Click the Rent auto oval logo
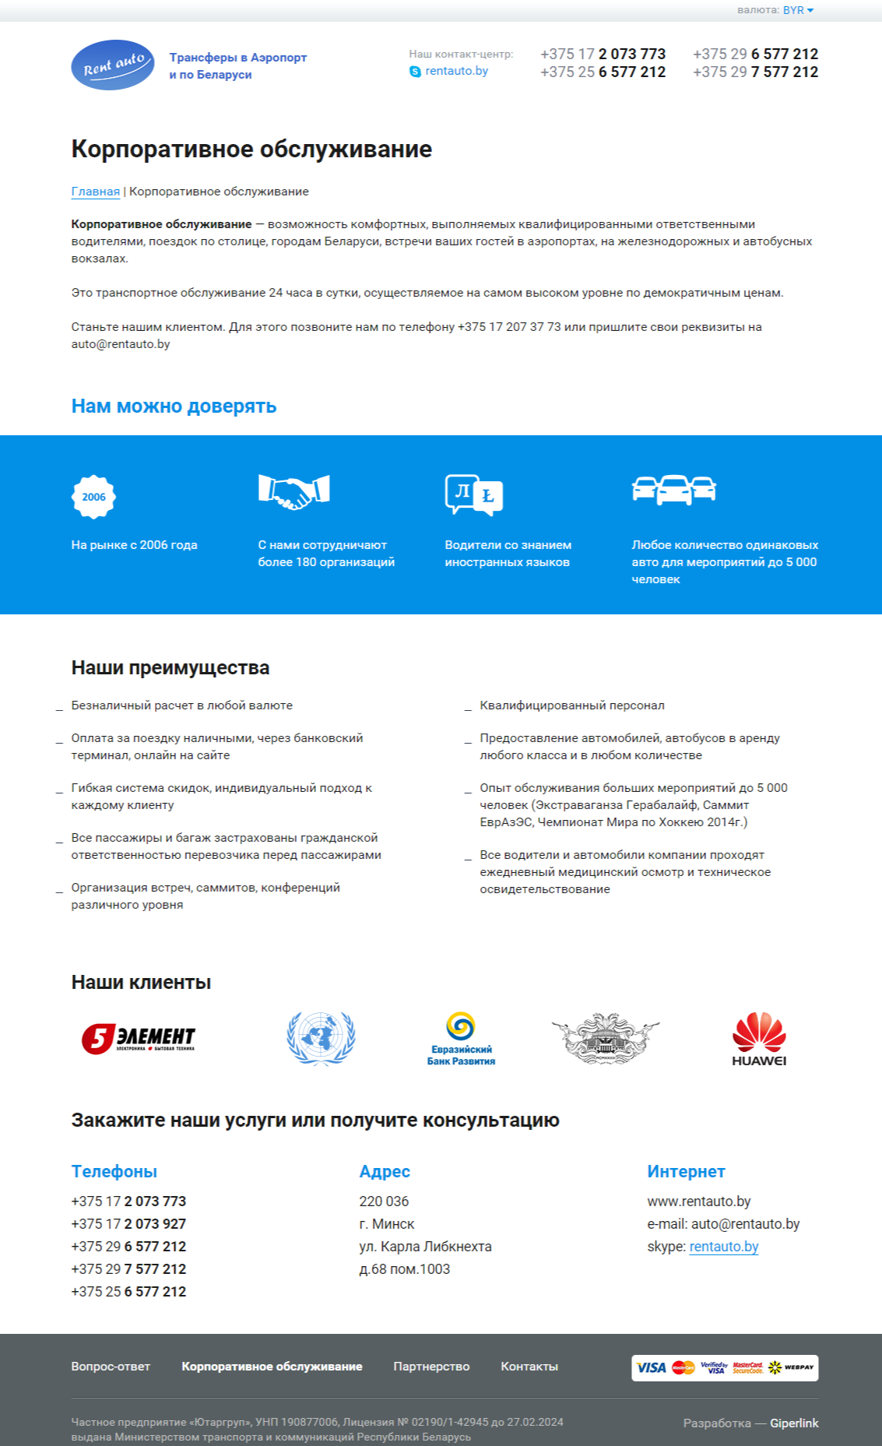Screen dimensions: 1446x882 tap(113, 65)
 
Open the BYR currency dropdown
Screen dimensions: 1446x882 tap(798, 10)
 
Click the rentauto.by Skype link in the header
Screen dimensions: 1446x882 tap(456, 71)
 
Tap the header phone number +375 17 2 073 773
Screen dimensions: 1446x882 tap(603, 54)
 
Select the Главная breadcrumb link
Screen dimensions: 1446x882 tap(96, 192)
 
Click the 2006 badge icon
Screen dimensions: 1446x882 tap(93, 497)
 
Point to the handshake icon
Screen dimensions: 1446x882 tap(294, 491)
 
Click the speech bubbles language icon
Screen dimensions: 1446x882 tap(474, 494)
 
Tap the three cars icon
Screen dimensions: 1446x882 tap(674, 490)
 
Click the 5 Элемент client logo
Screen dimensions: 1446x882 tap(139, 1039)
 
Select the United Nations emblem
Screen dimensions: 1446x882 tap(321, 1038)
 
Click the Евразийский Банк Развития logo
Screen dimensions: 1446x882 tap(461, 1039)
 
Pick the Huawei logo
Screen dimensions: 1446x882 tap(759, 1039)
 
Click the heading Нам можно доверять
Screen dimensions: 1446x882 tap(174, 406)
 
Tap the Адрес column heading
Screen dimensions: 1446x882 tap(385, 1171)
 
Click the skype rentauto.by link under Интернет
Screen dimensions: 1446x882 tap(723, 1246)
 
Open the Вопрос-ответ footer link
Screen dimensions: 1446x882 tap(111, 1367)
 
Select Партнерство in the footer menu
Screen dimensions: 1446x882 tap(431, 1367)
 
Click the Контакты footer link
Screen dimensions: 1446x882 tap(529, 1367)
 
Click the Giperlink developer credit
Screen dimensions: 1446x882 tap(794, 1423)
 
